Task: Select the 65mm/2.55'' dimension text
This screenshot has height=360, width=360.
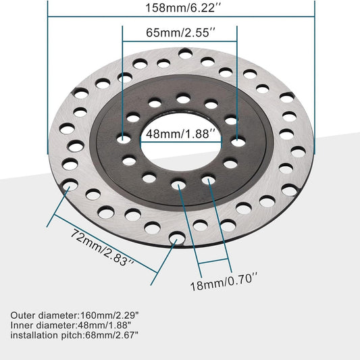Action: pos(179,32)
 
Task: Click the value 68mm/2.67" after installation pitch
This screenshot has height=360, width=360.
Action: pos(120,336)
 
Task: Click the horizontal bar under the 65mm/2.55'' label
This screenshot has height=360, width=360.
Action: pos(179,43)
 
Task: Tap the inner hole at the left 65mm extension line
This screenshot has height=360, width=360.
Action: pos(122,139)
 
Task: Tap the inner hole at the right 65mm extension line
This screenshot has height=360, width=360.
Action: pos(238,142)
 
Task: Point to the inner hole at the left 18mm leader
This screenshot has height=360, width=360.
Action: pos(178,184)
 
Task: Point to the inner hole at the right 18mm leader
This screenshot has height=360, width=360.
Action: pos(209,180)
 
